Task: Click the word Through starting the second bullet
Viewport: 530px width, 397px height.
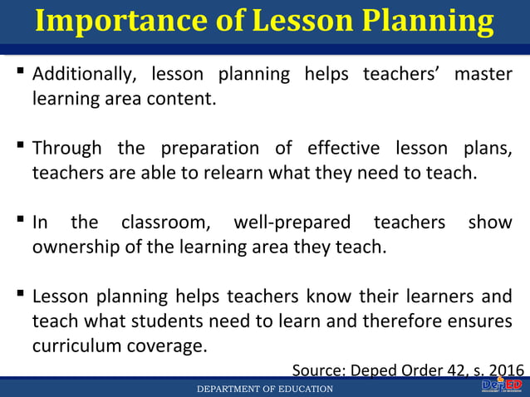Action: point(67,149)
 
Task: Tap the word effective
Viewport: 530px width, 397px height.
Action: point(343,149)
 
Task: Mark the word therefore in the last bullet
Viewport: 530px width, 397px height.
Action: point(410,321)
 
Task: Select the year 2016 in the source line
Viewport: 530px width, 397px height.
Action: point(506,370)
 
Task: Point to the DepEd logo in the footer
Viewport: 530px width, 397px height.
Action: point(501,386)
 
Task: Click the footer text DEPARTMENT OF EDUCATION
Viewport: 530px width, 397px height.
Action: point(264,389)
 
